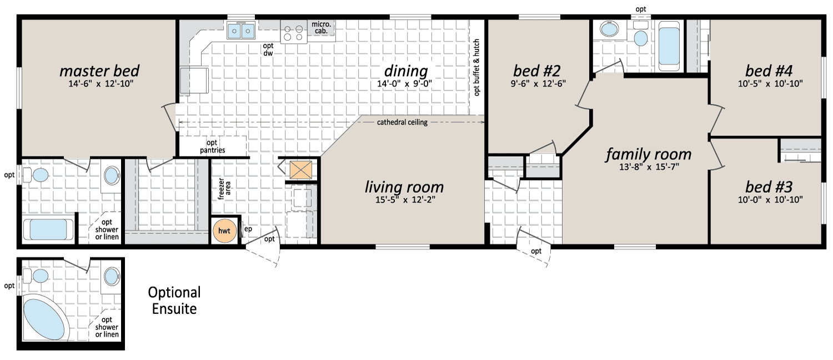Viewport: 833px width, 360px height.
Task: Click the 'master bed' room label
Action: click(x=99, y=71)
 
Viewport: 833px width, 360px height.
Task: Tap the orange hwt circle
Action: click(x=224, y=231)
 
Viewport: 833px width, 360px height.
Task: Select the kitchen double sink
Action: click(x=241, y=30)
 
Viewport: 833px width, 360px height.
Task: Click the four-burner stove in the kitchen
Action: click(x=294, y=32)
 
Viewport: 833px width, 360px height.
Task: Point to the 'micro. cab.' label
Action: click(x=322, y=28)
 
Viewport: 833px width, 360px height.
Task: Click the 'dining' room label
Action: click(x=406, y=71)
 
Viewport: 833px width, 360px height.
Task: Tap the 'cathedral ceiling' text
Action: click(x=402, y=122)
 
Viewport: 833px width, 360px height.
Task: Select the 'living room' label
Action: click(x=404, y=187)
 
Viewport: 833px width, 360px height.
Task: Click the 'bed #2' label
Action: click(x=536, y=71)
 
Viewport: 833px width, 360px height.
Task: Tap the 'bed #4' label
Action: click(x=769, y=71)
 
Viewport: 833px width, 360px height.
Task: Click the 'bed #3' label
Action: click(x=769, y=187)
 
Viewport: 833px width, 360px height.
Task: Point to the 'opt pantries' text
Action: click(x=212, y=147)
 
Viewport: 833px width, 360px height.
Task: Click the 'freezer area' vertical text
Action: click(x=224, y=188)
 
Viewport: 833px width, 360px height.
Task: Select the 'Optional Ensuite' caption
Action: click(x=174, y=301)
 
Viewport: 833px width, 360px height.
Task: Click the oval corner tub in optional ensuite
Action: click(x=46, y=317)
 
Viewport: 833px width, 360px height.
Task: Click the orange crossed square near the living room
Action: click(x=301, y=169)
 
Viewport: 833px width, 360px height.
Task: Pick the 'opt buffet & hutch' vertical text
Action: click(x=476, y=68)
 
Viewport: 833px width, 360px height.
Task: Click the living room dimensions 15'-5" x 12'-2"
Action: click(x=405, y=200)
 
